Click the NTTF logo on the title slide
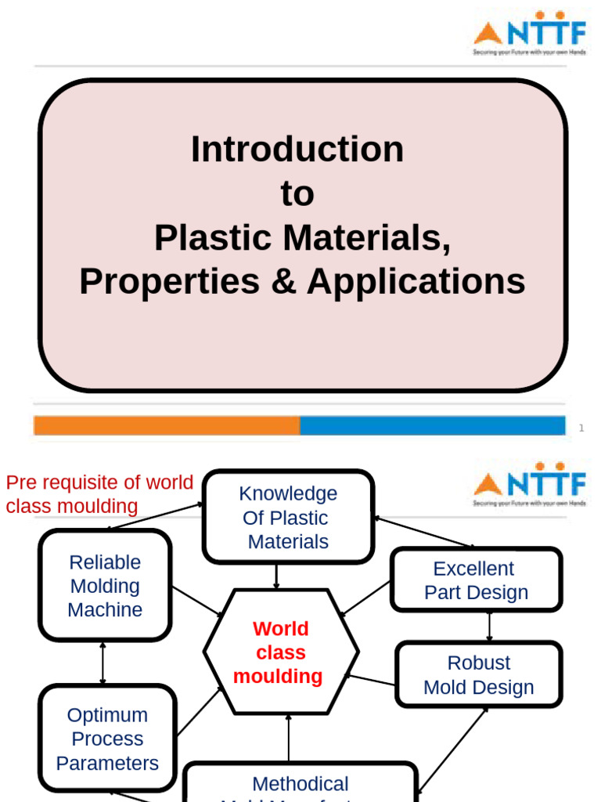point(529,38)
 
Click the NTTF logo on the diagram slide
point(529,489)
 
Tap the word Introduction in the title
point(297,149)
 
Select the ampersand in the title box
point(283,282)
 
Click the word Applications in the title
point(416,282)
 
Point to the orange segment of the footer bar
point(166,425)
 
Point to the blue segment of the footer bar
point(432,425)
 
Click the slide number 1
point(581,428)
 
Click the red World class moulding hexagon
point(281,652)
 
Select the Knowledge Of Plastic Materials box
point(288,517)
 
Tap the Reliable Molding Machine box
point(105,586)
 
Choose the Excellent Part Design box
point(476,580)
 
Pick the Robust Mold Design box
point(478,674)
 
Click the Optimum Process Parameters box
point(107,739)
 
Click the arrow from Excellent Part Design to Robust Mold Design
point(489,627)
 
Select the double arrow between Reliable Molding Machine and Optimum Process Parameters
point(103,663)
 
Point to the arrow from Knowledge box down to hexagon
point(275,576)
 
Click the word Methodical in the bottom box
point(300,783)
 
